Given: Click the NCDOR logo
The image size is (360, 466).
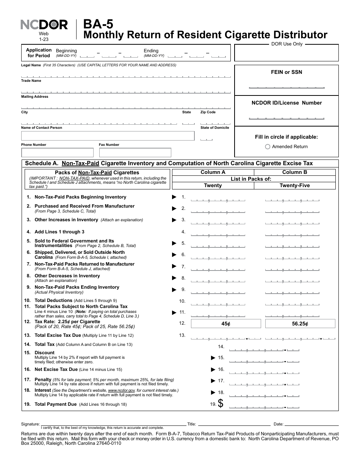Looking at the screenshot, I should click(x=44, y=25).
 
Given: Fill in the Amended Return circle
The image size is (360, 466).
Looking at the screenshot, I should click(x=268, y=147).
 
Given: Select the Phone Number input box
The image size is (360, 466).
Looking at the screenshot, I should click(x=57, y=153).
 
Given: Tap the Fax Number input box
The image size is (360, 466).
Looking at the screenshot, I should click(x=135, y=153).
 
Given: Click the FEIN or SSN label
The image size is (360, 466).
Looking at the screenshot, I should click(x=286, y=72).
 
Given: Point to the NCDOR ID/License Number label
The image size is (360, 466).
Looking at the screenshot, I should click(x=286, y=103).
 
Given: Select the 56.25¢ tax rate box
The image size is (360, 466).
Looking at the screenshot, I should click(x=300, y=324).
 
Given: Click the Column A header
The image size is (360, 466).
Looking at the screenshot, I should click(x=213, y=172).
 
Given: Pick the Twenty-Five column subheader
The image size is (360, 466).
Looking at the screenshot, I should click(x=294, y=185).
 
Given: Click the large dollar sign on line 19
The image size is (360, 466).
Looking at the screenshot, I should click(x=221, y=404).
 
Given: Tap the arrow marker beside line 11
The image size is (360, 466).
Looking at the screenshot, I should click(x=174, y=313).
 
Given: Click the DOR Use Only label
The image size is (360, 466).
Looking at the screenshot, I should click(x=287, y=44).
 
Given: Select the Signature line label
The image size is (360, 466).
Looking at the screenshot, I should click(x=31, y=424).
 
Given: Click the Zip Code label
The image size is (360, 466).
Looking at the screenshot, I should click(x=208, y=112).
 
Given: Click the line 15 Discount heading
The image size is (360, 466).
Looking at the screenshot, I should click(x=44, y=353).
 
